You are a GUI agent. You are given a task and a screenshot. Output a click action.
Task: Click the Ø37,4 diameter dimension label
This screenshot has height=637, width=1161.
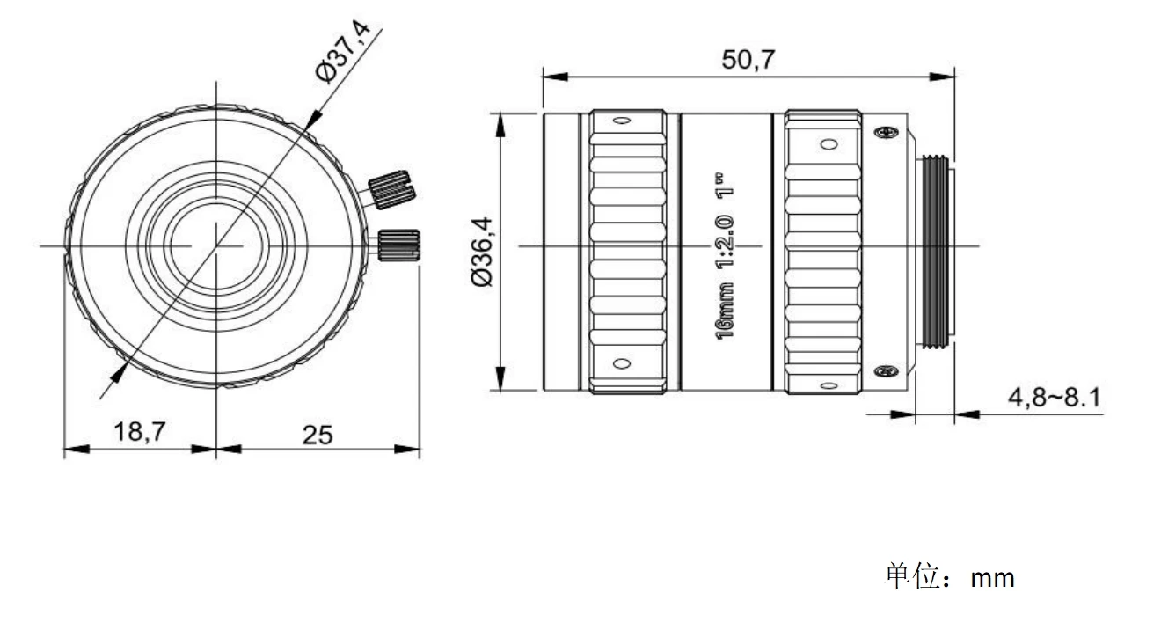(343, 51)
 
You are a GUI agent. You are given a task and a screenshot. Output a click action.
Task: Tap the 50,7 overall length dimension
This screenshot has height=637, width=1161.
(748, 59)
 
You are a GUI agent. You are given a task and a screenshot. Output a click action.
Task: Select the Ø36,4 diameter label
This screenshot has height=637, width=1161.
(481, 252)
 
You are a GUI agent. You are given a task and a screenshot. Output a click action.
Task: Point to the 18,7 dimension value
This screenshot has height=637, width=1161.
(140, 432)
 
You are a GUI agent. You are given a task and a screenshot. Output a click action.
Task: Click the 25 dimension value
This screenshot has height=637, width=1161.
(318, 435)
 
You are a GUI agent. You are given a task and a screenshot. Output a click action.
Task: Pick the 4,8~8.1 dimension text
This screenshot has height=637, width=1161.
(1054, 398)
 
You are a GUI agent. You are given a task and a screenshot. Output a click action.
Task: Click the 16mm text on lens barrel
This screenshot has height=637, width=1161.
(725, 311)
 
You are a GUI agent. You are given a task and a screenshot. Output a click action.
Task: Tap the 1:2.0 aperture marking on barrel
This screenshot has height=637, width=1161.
(725, 242)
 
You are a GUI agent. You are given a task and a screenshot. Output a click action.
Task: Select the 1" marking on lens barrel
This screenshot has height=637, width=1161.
(725, 185)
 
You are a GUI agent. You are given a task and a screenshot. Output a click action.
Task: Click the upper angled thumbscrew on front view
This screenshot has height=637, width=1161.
(391, 190)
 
